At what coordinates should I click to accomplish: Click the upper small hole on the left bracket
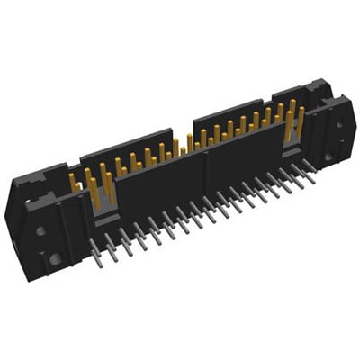40,231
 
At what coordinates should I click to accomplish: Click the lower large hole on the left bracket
55,258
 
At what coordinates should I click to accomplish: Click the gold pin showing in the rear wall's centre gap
189,143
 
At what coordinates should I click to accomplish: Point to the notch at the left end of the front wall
104,213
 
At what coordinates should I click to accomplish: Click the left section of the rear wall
126,144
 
